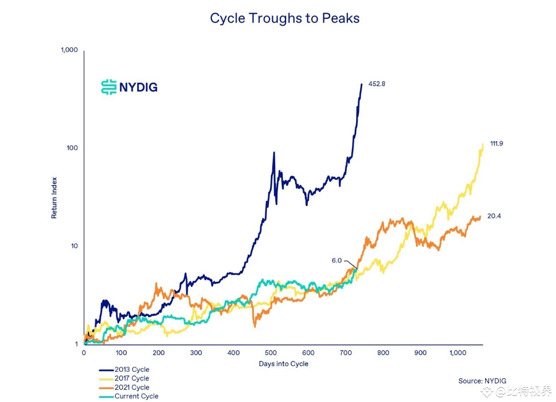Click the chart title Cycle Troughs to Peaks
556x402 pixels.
(285, 19)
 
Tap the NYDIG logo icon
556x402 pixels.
(109, 87)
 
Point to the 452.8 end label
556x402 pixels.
(377, 84)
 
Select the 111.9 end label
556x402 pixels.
(496, 143)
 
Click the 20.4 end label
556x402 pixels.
(495, 216)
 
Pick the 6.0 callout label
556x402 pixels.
(336, 260)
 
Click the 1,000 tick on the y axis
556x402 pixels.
(69, 50)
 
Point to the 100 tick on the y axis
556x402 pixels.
(72, 148)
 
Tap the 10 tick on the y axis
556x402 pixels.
(74, 246)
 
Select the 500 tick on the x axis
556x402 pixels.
(271, 353)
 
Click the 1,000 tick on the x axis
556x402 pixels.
(458, 353)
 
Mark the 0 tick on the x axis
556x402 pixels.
(84, 353)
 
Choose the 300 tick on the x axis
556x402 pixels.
(196, 353)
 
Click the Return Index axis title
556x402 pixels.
(54, 198)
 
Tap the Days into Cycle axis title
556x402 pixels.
(283, 364)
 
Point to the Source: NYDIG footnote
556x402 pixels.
(482, 381)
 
